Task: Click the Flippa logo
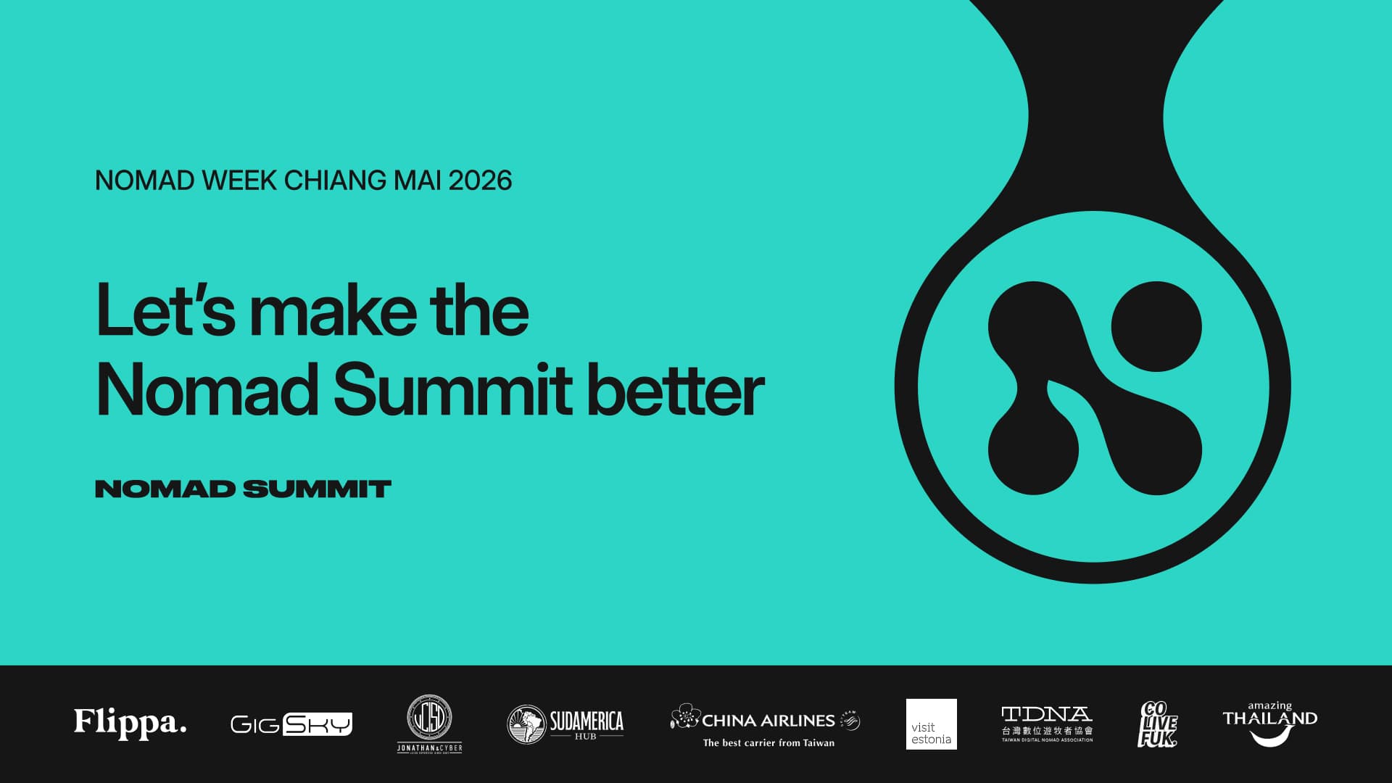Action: point(130,723)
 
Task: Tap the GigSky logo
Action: point(291,724)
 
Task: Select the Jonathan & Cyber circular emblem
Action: point(429,718)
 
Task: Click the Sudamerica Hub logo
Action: point(565,724)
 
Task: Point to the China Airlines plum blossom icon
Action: point(684,716)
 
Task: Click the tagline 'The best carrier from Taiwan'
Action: point(768,742)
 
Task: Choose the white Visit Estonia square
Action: point(931,724)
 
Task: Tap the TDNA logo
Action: point(1046,723)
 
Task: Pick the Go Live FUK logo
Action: point(1157,724)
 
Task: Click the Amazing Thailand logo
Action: point(1269,723)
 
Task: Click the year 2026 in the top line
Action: point(480,181)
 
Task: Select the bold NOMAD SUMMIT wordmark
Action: point(243,489)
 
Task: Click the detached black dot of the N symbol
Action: point(1156,326)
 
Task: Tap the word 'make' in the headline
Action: point(333,310)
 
